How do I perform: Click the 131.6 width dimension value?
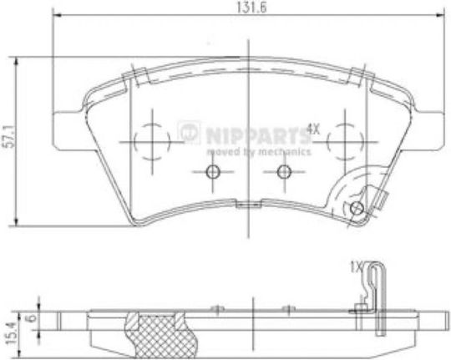(251, 8)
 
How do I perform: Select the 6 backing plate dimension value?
(33, 317)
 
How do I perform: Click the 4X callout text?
(312, 129)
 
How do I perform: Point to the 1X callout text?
(357, 266)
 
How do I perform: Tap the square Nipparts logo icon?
(189, 132)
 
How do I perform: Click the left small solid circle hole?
(213, 172)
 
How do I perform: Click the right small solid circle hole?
(284, 172)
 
